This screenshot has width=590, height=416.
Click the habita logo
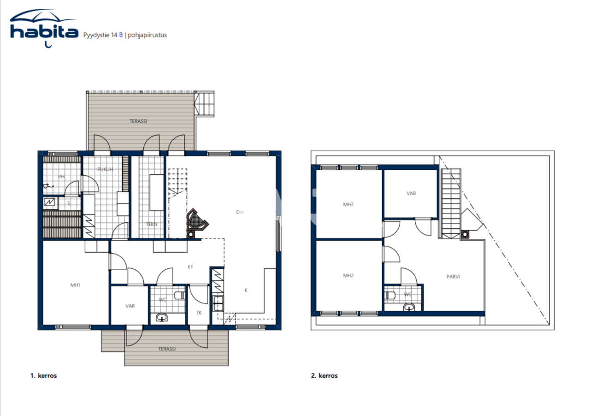43,30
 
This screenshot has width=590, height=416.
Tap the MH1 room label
75,285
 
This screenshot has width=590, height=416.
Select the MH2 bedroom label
348,276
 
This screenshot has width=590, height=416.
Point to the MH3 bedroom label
348,204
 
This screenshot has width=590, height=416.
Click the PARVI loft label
453,277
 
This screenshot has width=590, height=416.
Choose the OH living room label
240,212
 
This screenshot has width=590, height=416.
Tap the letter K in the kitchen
246,290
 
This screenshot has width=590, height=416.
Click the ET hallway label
190,266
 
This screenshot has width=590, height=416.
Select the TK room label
199,313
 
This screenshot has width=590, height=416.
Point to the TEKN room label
152,225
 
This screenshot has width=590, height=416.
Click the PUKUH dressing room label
105,169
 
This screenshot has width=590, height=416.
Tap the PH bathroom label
61,177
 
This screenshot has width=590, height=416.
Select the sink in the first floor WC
162,317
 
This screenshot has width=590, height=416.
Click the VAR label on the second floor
411,194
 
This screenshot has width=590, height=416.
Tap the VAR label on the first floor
130,306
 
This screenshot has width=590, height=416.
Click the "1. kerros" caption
43,376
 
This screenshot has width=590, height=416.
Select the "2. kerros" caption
324,376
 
